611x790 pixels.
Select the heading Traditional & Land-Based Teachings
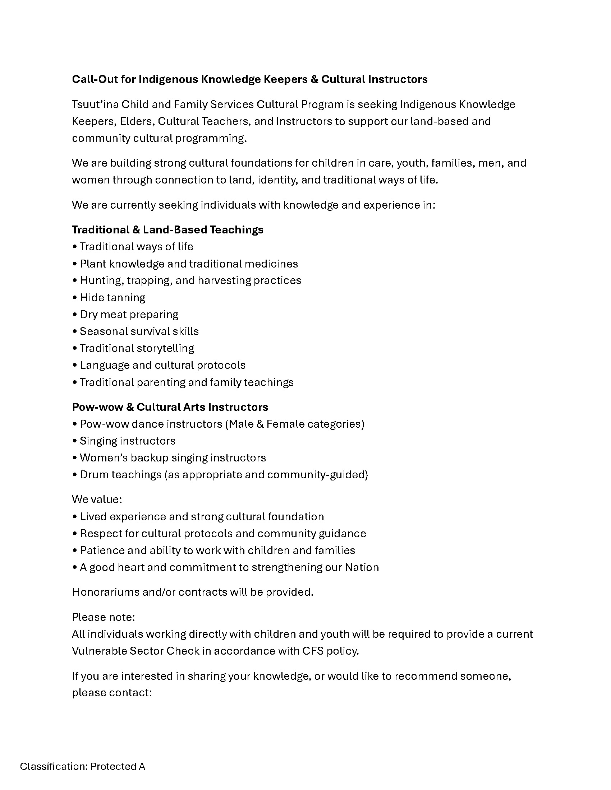[x=167, y=230]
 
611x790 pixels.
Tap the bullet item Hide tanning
[x=112, y=298]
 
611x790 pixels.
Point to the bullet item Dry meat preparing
[x=129, y=315]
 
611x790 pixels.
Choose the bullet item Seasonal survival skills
[x=139, y=331]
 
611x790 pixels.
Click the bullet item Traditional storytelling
[x=137, y=348]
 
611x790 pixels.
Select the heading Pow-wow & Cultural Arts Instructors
[x=170, y=407]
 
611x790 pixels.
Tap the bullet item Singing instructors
[x=128, y=441]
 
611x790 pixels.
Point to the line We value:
[x=97, y=499]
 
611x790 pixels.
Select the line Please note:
[x=103, y=617]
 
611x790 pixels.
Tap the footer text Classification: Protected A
[x=83, y=767]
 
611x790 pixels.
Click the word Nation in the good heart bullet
[x=362, y=567]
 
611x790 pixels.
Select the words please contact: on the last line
[x=111, y=693]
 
